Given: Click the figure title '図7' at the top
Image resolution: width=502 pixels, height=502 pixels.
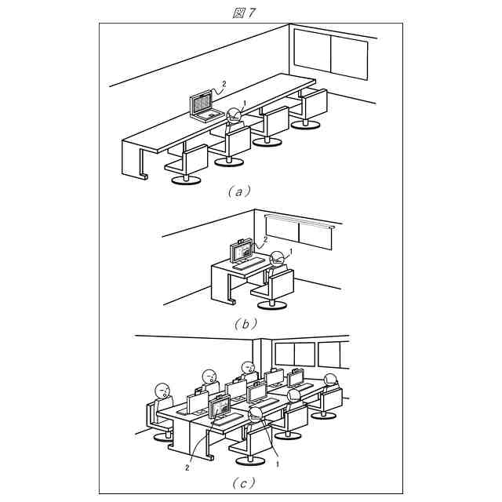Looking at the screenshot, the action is (x=245, y=13).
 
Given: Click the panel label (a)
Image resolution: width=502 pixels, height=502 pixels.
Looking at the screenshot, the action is (x=239, y=191).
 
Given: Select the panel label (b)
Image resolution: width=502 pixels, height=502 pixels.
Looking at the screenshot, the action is (x=246, y=322).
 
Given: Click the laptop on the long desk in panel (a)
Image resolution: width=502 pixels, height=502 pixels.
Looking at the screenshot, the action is (x=204, y=107).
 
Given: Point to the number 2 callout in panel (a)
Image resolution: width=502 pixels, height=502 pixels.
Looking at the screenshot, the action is (x=224, y=83).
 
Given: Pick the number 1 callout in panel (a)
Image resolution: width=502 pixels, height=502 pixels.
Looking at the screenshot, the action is (x=246, y=103).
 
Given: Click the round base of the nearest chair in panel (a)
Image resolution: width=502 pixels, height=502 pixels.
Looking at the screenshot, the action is (x=185, y=180).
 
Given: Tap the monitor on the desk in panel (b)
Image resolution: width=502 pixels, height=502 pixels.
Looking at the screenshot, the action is (x=242, y=252).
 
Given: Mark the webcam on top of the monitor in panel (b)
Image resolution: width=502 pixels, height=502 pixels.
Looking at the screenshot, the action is (x=241, y=238).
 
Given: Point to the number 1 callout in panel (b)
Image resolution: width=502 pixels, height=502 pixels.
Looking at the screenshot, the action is (x=291, y=251).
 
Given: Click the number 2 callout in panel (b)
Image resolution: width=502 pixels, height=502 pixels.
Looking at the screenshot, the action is (x=265, y=239).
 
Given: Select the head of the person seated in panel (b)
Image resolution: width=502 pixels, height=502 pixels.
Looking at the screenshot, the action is (x=277, y=260).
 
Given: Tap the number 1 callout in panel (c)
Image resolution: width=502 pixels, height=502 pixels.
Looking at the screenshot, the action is (x=278, y=464).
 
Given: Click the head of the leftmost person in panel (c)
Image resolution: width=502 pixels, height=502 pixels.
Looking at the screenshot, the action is (x=162, y=390).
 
